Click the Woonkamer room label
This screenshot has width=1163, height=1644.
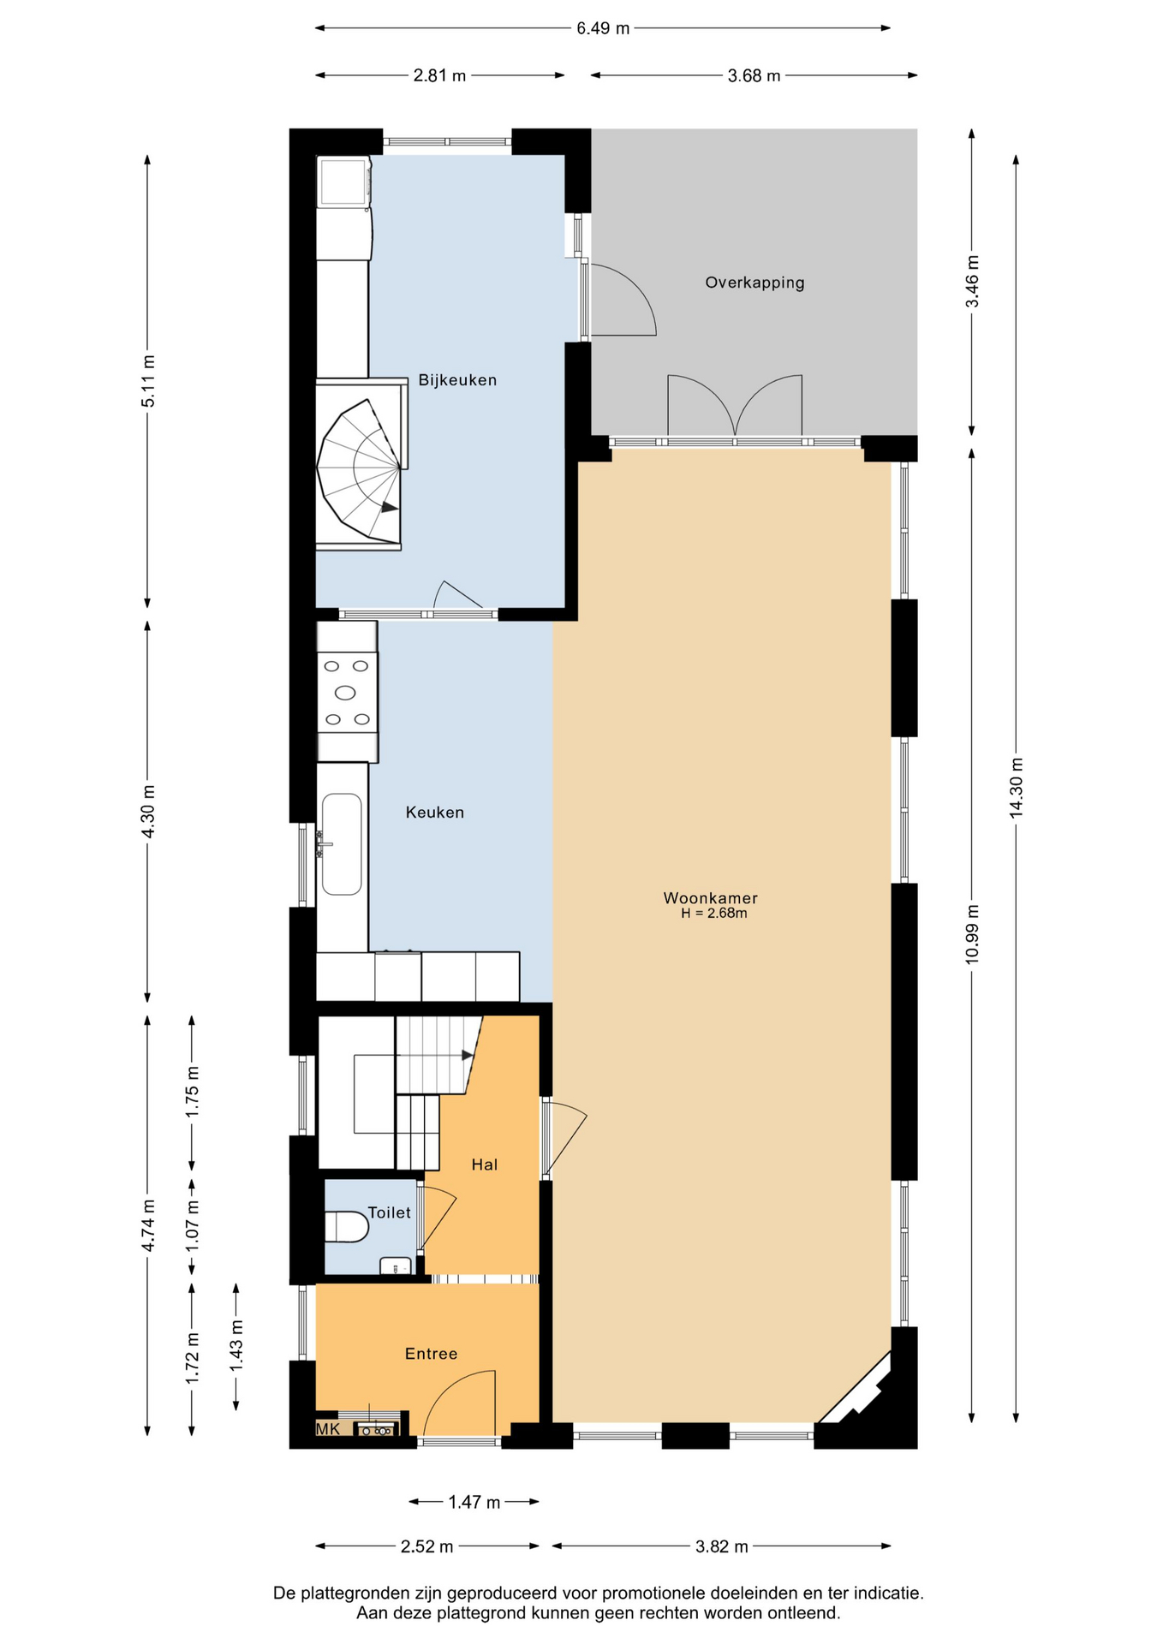click(711, 898)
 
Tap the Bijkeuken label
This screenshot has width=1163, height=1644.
click(457, 380)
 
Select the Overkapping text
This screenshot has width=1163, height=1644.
click(754, 283)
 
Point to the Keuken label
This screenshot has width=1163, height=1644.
click(435, 813)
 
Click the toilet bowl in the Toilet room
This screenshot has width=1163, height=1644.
click(346, 1226)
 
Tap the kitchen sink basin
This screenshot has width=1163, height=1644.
click(342, 844)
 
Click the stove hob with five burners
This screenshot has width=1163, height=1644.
click(347, 692)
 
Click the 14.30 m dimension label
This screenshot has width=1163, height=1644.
click(1017, 788)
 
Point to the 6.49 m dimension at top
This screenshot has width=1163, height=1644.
click(603, 28)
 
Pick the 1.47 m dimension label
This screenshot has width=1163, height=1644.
click(474, 1502)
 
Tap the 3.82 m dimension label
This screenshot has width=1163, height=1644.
click(722, 1546)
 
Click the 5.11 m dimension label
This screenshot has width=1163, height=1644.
click(148, 381)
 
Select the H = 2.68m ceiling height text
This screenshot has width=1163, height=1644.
click(714, 914)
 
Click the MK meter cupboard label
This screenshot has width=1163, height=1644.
click(328, 1429)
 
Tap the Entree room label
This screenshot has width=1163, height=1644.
click(431, 1354)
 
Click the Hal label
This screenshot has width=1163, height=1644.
click(484, 1164)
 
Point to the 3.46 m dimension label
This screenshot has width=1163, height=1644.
click(972, 283)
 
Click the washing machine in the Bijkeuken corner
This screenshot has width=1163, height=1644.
click(343, 181)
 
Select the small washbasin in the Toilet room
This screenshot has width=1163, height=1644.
click(396, 1266)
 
